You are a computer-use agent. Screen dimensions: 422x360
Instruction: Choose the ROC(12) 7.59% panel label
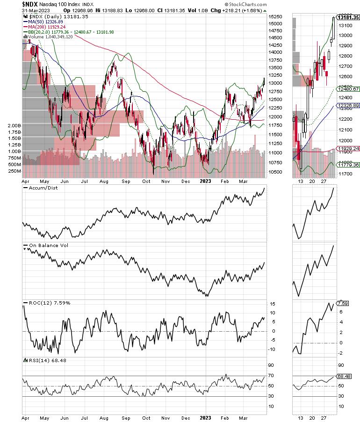point(46,303)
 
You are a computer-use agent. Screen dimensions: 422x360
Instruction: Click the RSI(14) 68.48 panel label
point(45,360)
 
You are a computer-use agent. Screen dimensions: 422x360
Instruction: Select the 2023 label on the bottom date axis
point(206,415)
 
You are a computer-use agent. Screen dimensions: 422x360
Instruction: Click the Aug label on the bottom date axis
point(104,415)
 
